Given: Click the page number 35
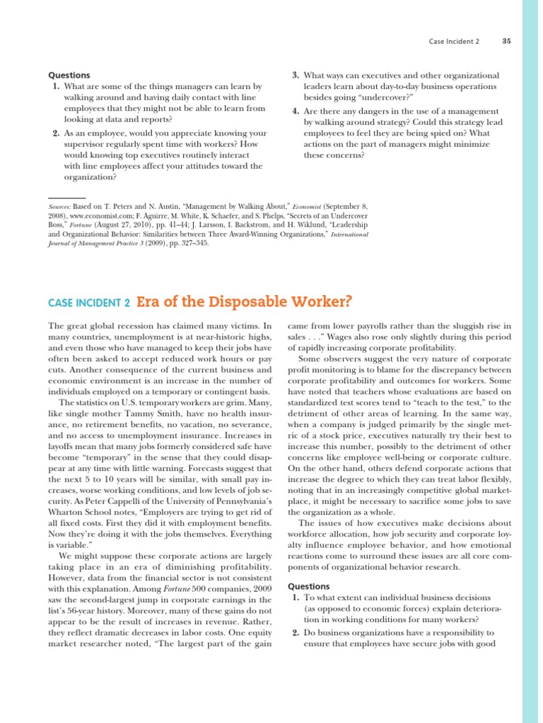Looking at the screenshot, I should tap(506, 41).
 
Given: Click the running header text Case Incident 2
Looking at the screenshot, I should tap(454, 41).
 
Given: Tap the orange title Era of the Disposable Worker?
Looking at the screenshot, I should tap(243, 301).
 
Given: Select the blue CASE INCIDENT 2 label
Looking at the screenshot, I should tap(89, 303).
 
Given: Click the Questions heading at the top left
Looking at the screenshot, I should tap(69, 75).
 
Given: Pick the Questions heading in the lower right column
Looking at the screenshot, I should tap(310, 586).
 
